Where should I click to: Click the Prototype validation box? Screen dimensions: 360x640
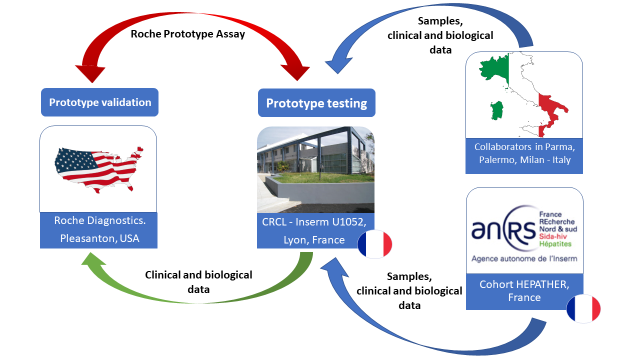click(x=99, y=102)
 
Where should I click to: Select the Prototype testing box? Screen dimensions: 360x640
click(x=316, y=103)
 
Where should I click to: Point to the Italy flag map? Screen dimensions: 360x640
click(x=520, y=92)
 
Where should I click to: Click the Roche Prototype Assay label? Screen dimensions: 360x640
click(x=187, y=34)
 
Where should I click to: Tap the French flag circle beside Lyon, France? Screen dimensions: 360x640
click(x=374, y=244)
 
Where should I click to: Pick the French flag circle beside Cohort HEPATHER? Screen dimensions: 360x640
click(x=583, y=308)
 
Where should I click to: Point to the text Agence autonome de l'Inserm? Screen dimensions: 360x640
click(x=524, y=258)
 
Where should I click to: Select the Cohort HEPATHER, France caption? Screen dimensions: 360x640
click(x=524, y=291)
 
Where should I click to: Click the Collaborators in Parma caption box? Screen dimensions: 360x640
click(x=523, y=154)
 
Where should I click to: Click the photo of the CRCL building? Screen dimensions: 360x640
click(x=315, y=169)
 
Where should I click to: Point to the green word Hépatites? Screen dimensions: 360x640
click(x=555, y=243)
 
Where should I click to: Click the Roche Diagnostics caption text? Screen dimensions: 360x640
click(x=98, y=221)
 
